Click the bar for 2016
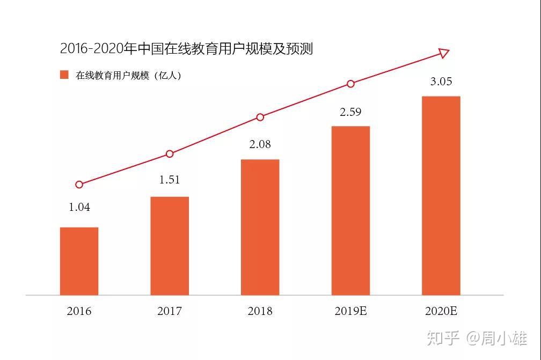(x=79, y=261)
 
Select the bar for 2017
(x=170, y=246)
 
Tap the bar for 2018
(x=260, y=227)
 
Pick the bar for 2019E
(x=350, y=210)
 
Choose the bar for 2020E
(x=441, y=195)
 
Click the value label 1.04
(x=79, y=207)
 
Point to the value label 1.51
(x=170, y=179)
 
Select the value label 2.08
(x=260, y=144)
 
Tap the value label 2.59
(x=350, y=112)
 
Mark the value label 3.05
(x=441, y=82)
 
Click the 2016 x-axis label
(x=79, y=311)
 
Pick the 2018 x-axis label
(x=260, y=311)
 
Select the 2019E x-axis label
(x=350, y=311)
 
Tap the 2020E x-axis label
(x=441, y=311)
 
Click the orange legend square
(x=64, y=75)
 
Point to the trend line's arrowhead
(x=444, y=53)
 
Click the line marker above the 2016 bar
(x=79, y=185)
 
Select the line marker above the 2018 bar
(x=260, y=117)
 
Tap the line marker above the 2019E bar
(x=350, y=84)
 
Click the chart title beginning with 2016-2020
(x=186, y=49)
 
